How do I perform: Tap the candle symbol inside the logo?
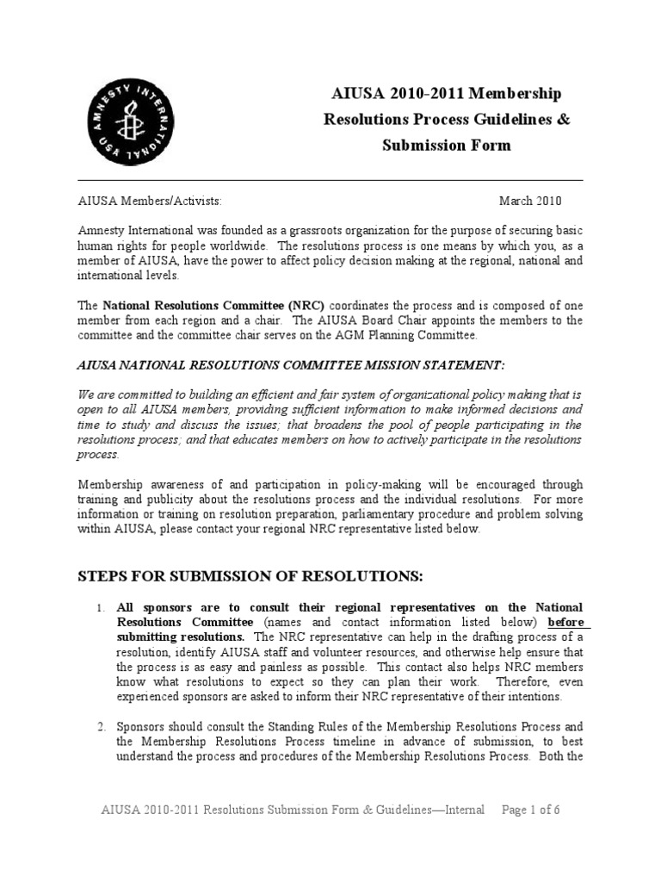pyautogui.click(x=128, y=126)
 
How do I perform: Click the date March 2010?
pyautogui.click(x=530, y=202)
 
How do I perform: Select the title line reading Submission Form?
pyautogui.click(x=446, y=145)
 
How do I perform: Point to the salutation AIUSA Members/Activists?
pyautogui.click(x=150, y=202)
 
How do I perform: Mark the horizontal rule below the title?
pyautogui.click(x=330, y=180)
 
